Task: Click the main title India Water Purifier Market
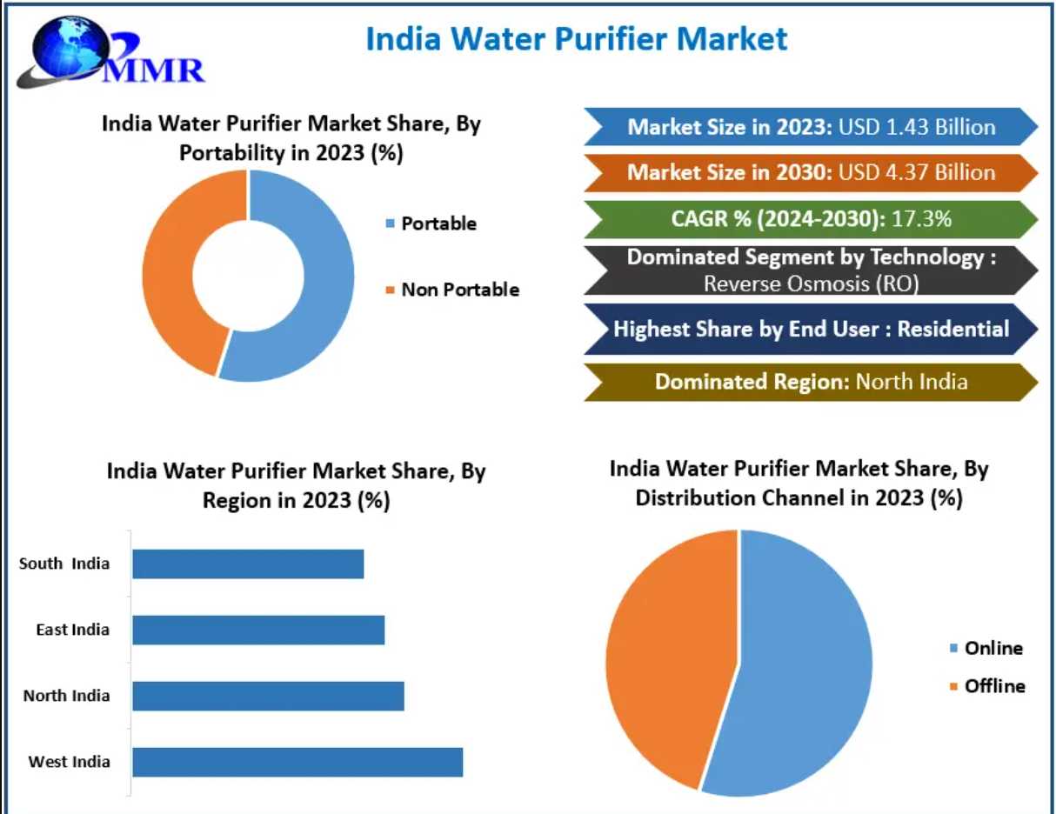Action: (576, 39)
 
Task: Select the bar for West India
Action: (297, 762)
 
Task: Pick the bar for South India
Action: (248, 564)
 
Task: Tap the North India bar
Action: (268, 696)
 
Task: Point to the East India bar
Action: (258, 630)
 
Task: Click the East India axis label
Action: (73, 630)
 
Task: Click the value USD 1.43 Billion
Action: (917, 127)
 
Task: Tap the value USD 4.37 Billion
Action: (917, 172)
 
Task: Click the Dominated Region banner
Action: (811, 382)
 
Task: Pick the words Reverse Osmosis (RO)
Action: (811, 283)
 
